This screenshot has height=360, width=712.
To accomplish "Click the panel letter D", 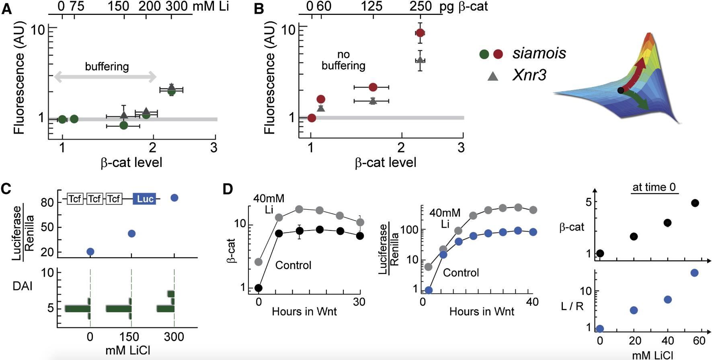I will click(x=228, y=189).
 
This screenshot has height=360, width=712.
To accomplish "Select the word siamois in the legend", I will click(x=539, y=53).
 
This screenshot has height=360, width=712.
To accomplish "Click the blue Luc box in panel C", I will click(x=145, y=199).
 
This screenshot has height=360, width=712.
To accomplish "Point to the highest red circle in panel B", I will click(x=420, y=33).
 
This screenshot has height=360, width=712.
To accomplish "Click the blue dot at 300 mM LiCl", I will click(x=174, y=198).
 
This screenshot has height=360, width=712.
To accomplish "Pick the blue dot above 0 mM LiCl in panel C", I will click(x=90, y=252).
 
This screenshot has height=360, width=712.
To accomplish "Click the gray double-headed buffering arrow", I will click(x=105, y=76).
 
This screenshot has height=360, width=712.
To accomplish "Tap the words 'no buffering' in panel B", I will click(x=343, y=60).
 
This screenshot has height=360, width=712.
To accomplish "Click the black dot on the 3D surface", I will click(x=621, y=91).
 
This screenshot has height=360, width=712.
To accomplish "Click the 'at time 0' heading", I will click(x=654, y=187).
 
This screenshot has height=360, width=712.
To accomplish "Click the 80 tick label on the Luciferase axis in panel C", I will click(x=47, y=202).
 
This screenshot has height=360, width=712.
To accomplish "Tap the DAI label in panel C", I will click(x=23, y=286).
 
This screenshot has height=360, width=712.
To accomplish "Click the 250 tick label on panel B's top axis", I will click(x=421, y=6).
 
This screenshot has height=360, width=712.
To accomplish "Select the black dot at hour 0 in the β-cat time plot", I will click(x=259, y=288).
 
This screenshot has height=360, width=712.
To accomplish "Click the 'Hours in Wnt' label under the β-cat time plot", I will click(x=304, y=311).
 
